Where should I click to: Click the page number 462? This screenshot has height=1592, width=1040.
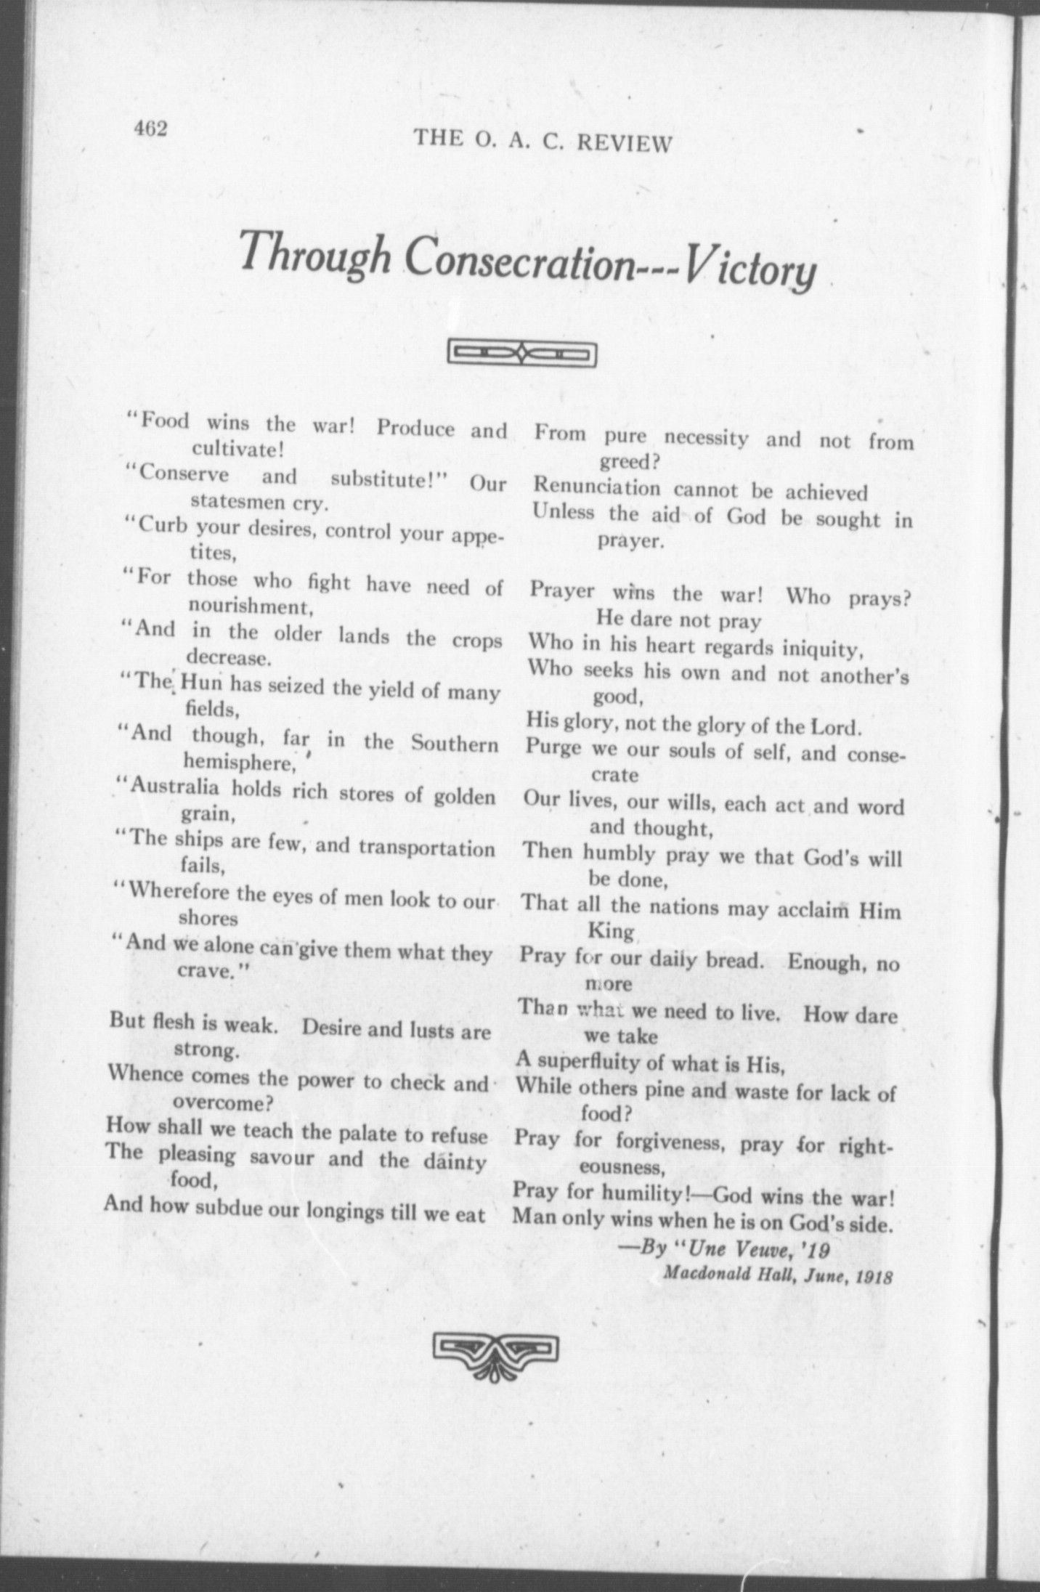point(150,129)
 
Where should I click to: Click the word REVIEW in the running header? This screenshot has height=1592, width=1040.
point(624,143)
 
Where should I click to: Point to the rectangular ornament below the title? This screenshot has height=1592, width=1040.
point(523,354)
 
